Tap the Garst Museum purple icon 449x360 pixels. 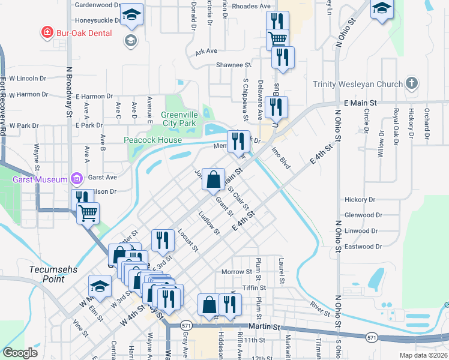[x=76, y=178]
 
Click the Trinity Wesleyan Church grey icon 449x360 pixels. [x=411, y=83]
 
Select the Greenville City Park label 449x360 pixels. [x=179, y=119]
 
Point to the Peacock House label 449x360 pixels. [x=152, y=140]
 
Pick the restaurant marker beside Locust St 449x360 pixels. [x=163, y=240]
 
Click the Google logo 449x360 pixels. [x=20, y=353]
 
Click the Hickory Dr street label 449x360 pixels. [x=360, y=199]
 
